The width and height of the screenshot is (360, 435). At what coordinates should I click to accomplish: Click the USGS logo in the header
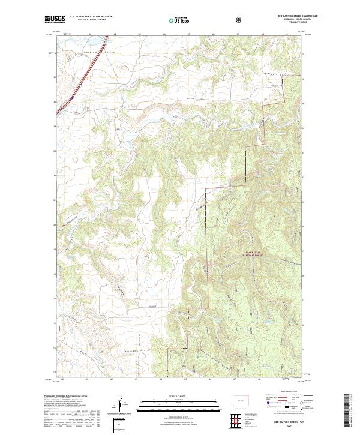tap(55, 19)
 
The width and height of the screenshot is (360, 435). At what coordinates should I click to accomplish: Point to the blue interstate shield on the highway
tap(71, 96)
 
